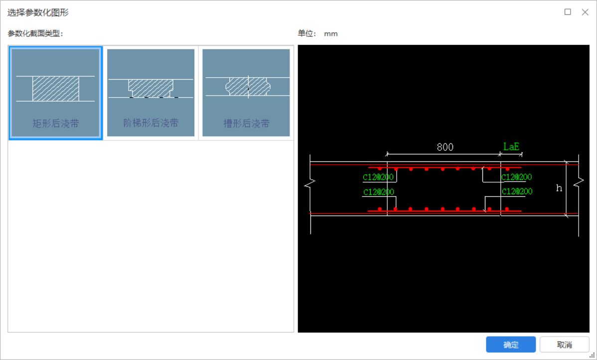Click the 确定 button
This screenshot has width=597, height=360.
tap(511, 345)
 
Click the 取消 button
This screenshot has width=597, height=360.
tap(564, 345)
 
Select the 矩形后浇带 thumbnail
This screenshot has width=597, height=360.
tap(56, 93)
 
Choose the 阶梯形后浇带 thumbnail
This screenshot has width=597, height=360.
tap(151, 93)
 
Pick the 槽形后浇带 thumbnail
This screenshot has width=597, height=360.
tap(246, 93)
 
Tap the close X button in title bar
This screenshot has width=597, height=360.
tap(585, 12)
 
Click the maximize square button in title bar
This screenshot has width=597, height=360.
tap(568, 12)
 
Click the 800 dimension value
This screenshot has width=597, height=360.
tap(445, 147)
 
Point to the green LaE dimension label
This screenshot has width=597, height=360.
tap(511, 146)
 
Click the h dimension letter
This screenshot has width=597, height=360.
tap(559, 188)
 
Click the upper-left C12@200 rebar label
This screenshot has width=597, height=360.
tap(378, 177)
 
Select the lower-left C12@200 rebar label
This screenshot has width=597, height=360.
tap(379, 192)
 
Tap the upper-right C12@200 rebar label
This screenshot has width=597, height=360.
tap(517, 177)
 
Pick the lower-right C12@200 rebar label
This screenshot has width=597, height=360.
tap(517, 191)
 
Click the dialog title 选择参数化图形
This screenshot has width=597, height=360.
tap(38, 12)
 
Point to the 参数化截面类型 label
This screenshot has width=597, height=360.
tap(35, 33)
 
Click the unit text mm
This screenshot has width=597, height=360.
tap(331, 34)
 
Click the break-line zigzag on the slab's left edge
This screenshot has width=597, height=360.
tap(310, 185)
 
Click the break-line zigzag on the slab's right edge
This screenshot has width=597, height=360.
tap(579, 183)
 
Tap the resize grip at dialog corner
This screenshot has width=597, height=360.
tap(592, 356)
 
